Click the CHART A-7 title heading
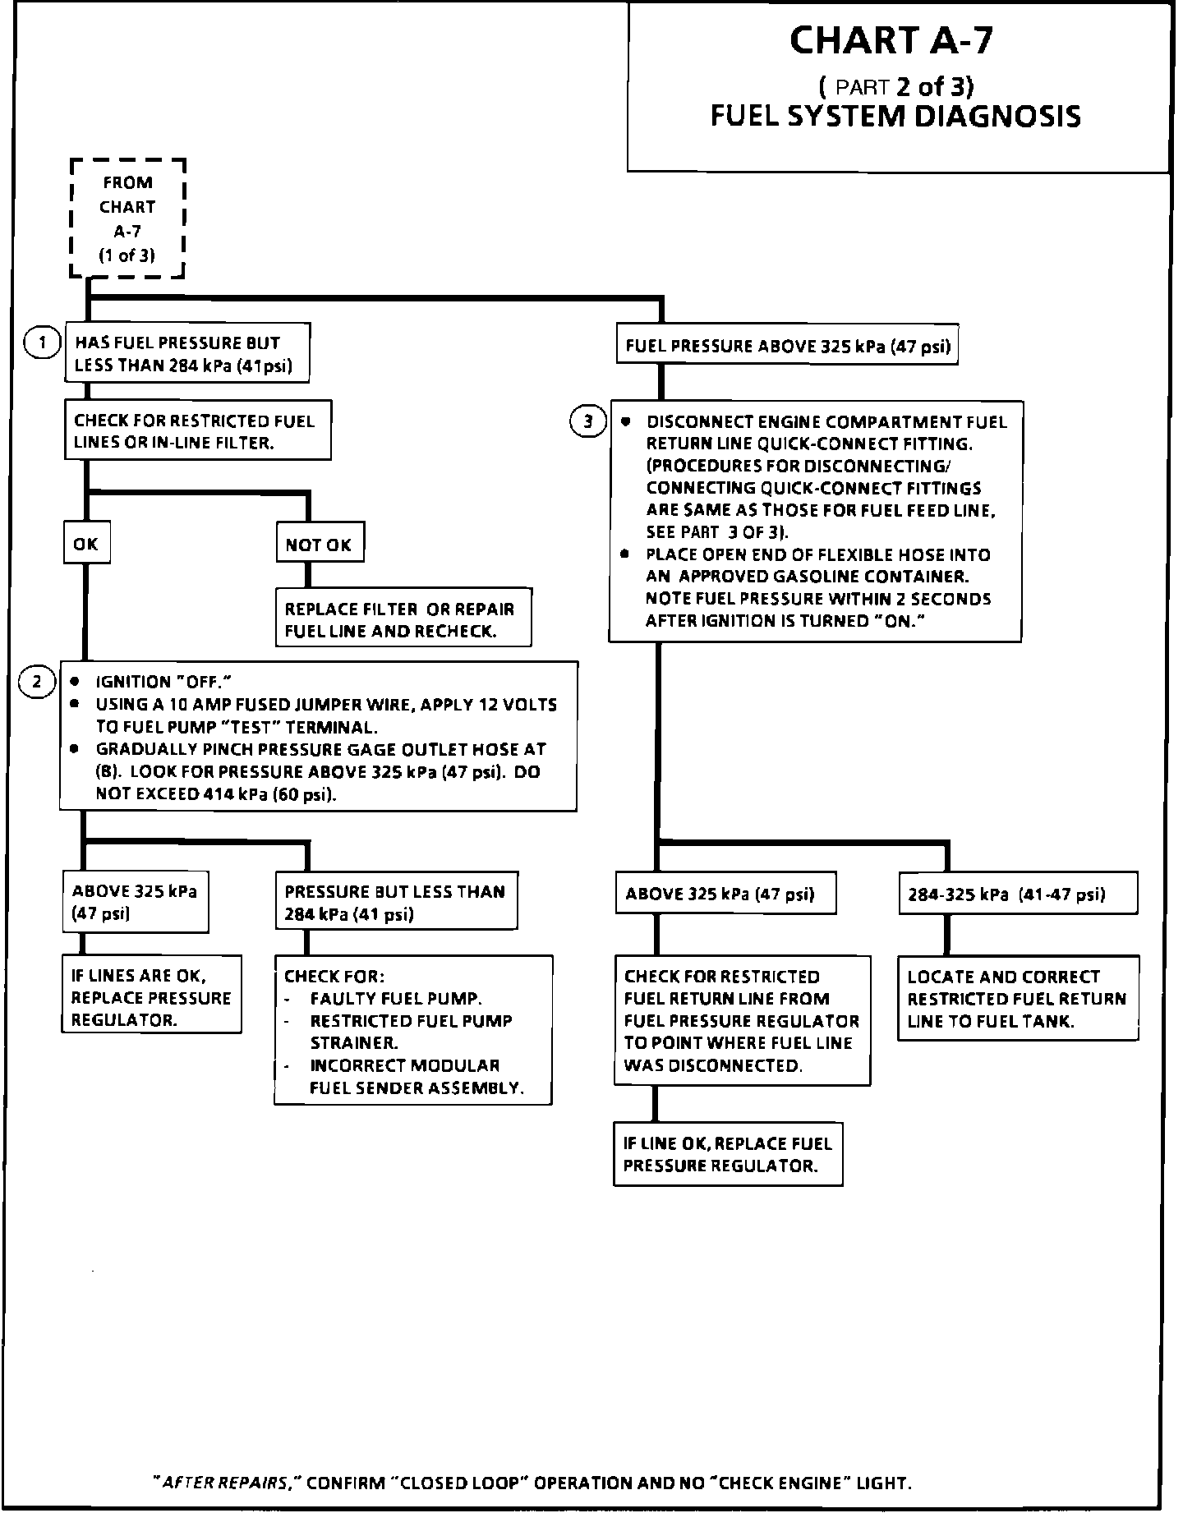click(x=891, y=40)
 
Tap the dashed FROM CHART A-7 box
click(x=127, y=218)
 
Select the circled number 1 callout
click(x=42, y=343)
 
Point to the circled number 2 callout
click(x=36, y=681)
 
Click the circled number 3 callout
click(x=587, y=422)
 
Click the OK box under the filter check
click(x=85, y=544)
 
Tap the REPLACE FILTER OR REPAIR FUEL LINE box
click(x=403, y=619)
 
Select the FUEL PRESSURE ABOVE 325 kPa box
click(x=787, y=346)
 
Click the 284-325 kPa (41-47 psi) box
click(x=1017, y=894)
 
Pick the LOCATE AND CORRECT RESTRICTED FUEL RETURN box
click(x=1017, y=999)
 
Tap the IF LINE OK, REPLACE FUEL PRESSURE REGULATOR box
click(x=727, y=1154)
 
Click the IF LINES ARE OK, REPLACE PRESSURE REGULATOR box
click(x=151, y=997)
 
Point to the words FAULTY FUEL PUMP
click(x=395, y=999)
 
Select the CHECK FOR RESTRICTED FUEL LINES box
click(x=197, y=431)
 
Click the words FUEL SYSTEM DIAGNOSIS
click(x=895, y=116)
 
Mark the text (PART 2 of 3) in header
click(x=895, y=86)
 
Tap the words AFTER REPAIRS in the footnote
click(x=227, y=1483)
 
